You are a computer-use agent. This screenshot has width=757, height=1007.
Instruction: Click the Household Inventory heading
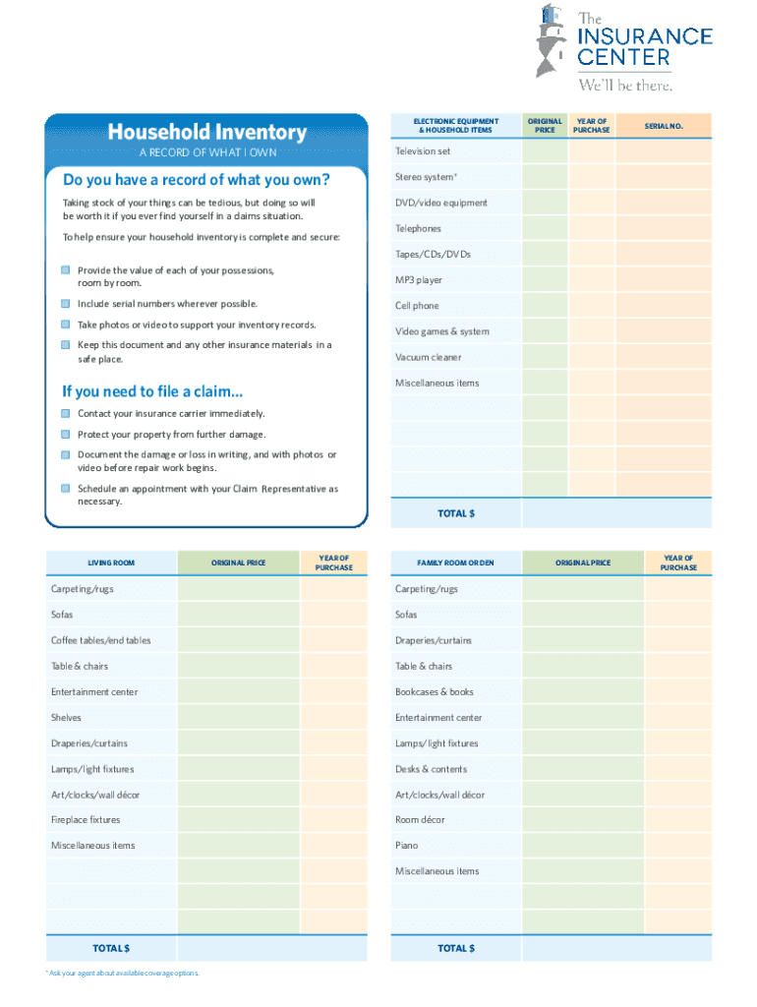[206, 132]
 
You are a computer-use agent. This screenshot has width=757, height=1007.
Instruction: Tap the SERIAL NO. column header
[664, 126]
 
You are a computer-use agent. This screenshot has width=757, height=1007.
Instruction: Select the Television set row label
[423, 151]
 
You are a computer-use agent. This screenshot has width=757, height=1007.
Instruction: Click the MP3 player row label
[419, 280]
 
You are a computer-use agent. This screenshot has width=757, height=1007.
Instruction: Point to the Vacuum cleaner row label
[428, 357]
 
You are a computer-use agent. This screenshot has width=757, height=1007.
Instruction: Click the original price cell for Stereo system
[544, 177]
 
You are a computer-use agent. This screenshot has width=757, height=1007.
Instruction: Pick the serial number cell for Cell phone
[664, 306]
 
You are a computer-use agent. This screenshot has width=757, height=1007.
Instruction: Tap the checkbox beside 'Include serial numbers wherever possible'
[65, 304]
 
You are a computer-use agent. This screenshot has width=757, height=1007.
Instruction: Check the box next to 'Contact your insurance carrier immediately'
[65, 414]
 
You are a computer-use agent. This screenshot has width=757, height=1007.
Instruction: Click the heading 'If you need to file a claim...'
[152, 391]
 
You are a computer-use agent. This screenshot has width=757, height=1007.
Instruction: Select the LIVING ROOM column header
[111, 563]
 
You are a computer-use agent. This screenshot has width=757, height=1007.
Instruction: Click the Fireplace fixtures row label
[86, 819]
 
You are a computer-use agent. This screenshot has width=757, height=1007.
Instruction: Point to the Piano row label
[406, 845]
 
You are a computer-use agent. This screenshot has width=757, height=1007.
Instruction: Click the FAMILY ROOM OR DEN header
[455, 563]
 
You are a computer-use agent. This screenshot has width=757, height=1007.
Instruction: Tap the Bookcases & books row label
[434, 691]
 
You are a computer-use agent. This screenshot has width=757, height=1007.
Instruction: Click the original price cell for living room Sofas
[238, 615]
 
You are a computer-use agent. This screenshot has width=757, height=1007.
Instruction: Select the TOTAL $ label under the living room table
[111, 948]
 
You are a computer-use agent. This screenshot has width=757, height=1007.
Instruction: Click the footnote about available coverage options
[123, 973]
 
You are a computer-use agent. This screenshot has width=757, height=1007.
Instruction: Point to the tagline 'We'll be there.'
[625, 85]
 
